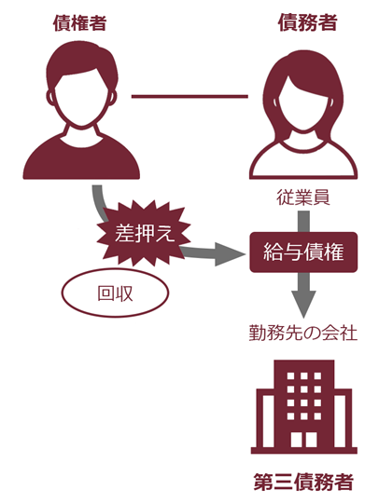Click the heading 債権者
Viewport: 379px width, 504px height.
(x=79, y=23)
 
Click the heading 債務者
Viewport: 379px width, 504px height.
(x=307, y=22)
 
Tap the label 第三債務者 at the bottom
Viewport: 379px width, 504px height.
(x=303, y=482)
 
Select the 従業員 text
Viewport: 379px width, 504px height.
(x=303, y=198)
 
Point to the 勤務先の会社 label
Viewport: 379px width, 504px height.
(x=303, y=334)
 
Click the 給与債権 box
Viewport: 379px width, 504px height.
(x=303, y=252)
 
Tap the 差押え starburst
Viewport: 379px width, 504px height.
(x=144, y=233)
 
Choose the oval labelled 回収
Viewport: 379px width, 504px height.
(x=115, y=293)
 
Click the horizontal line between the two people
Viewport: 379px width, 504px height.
(x=189, y=96)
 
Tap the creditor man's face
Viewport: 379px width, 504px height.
(x=81, y=99)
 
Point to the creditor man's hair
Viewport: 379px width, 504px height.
(x=82, y=62)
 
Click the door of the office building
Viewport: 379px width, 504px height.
(x=303, y=438)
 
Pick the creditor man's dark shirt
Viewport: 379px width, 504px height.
(x=81, y=158)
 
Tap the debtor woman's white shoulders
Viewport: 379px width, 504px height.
(x=303, y=161)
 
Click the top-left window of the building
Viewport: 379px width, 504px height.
(x=290, y=376)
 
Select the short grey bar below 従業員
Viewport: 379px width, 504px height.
(x=303, y=222)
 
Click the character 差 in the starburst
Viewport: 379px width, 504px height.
(x=124, y=233)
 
